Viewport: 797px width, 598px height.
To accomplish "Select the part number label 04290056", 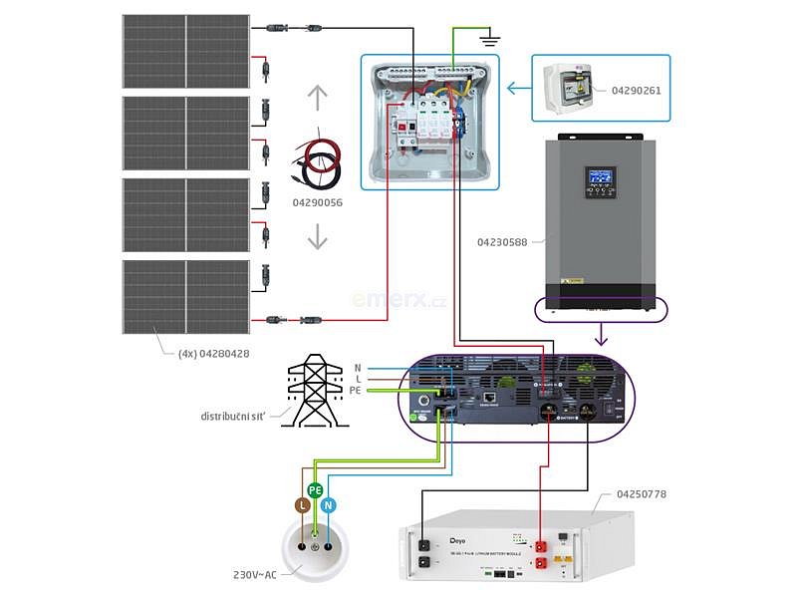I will pyautogui.click(x=317, y=202).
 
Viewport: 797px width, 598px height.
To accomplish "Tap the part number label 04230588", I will pyautogui.click(x=502, y=241).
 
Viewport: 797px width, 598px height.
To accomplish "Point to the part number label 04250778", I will pyautogui.click(x=643, y=494).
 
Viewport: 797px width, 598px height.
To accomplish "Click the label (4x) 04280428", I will pyautogui.click(x=213, y=353).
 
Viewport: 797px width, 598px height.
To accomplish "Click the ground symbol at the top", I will pyautogui.click(x=488, y=40).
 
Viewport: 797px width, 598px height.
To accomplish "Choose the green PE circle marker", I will pyautogui.click(x=315, y=490).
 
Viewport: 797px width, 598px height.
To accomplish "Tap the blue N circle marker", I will pyautogui.click(x=330, y=505).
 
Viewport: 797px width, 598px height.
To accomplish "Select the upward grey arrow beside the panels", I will pyautogui.click(x=317, y=99).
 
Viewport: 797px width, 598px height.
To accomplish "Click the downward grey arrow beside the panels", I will pyautogui.click(x=317, y=237).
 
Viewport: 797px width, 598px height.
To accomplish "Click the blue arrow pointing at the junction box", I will pyautogui.click(x=518, y=89).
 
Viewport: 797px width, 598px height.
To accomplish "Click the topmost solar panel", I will pyautogui.click(x=186, y=49).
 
